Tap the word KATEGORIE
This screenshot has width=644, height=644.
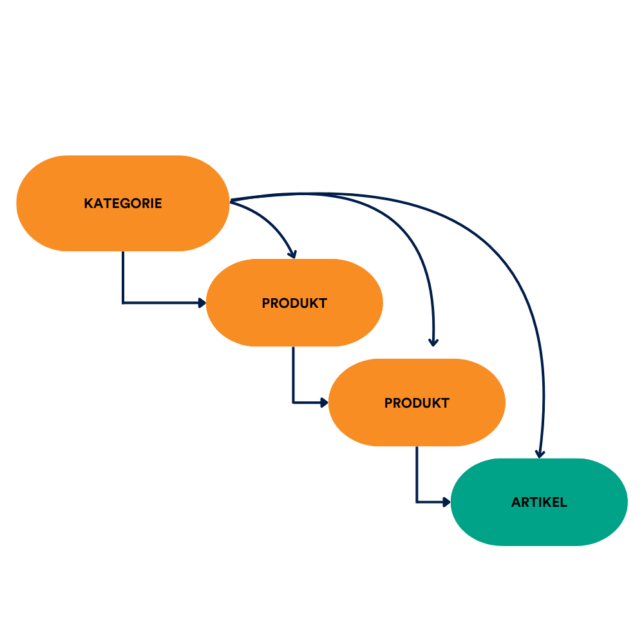pyautogui.click(x=122, y=204)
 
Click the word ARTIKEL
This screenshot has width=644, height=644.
pyautogui.click(x=539, y=502)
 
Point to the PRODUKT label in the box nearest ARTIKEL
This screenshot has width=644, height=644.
pyautogui.click(x=417, y=403)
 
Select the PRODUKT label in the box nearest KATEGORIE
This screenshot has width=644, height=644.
pyautogui.click(x=294, y=303)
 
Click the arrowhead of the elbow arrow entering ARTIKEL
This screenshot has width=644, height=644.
pyautogui.click(x=446, y=502)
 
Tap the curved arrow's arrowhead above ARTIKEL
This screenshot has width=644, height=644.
pyautogui.click(x=540, y=453)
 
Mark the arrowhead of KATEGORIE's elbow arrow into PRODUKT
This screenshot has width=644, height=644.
pyautogui.click(x=202, y=302)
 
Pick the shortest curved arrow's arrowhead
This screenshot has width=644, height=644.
pyautogui.click(x=292, y=254)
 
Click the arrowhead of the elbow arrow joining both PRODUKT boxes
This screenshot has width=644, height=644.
pyautogui.click(x=324, y=402)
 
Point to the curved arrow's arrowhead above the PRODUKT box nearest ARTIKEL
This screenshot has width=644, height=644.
pyautogui.click(x=433, y=342)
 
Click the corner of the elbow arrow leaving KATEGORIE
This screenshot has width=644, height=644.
pyautogui.click(x=123, y=302)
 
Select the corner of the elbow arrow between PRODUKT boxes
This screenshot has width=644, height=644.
pyautogui.click(x=293, y=402)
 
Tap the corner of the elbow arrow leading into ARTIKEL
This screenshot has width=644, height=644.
pyautogui.click(x=417, y=502)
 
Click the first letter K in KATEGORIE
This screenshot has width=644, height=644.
pyautogui.click(x=88, y=204)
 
